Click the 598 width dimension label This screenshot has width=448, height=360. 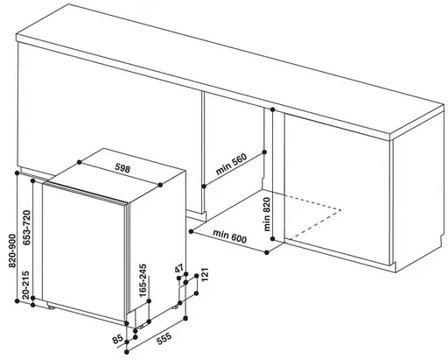point(122,168)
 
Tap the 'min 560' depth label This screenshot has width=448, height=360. point(231,164)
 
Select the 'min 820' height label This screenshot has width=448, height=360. point(267,215)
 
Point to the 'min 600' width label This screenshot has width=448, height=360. point(229,236)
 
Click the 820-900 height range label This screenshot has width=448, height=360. point(12,251)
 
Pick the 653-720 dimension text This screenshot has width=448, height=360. point(26,228)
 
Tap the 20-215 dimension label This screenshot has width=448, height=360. point(26,285)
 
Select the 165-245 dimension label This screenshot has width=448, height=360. point(143,280)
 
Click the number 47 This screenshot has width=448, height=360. point(179,268)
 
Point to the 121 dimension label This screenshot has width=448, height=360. point(205,274)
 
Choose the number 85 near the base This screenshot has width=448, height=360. point(117,340)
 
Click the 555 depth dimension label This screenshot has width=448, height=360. point(164,339)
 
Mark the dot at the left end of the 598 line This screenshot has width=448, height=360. point(80,162)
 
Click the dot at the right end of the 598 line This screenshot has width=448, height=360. point(160,185)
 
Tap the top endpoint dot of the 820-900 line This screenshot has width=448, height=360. point(17,173)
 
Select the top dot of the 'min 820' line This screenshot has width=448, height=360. point(273,109)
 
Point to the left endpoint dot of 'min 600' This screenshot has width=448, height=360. point(191,231)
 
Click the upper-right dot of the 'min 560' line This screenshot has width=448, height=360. point(264,152)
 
